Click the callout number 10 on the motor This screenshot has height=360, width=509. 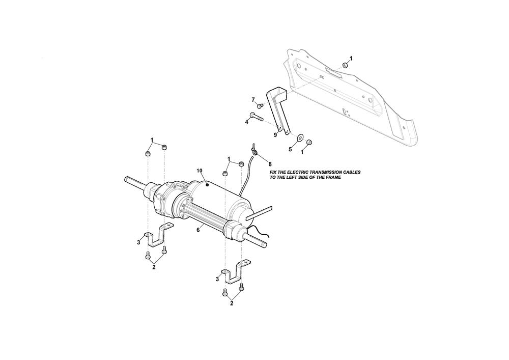[200, 171]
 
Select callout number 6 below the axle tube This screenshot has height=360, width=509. [198, 229]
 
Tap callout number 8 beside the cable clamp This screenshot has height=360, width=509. [270, 164]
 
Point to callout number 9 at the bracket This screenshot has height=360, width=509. [275, 135]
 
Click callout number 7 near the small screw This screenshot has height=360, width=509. [253, 100]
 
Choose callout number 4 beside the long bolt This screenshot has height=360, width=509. [247, 122]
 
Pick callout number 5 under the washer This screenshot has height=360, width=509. [291, 149]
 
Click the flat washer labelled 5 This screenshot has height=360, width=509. [299, 137]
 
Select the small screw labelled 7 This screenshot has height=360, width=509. [260, 105]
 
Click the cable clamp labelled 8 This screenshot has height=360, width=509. [254, 150]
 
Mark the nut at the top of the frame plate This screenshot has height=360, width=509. [346, 65]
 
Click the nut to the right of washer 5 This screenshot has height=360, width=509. [309, 142]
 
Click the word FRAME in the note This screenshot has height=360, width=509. [334, 178]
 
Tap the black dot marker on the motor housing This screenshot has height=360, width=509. [207, 184]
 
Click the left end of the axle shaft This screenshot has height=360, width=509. [126, 179]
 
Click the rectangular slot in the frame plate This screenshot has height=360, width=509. [333, 72]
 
